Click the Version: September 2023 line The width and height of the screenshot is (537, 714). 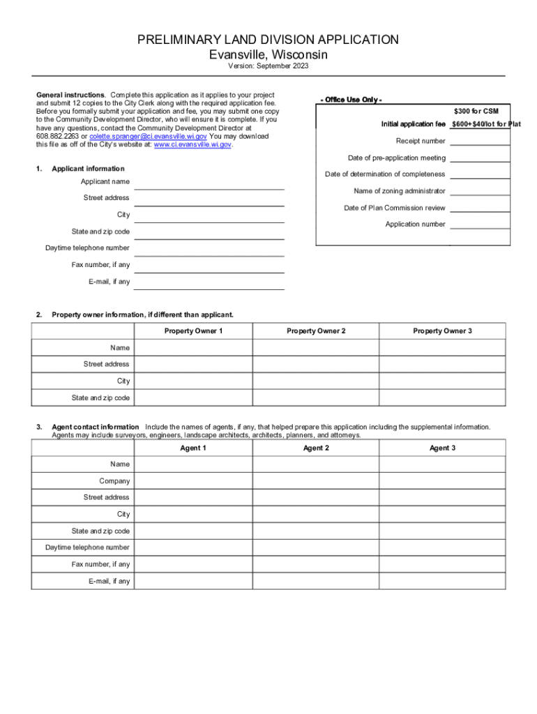(268, 66)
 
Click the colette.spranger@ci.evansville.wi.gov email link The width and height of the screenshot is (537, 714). (148, 137)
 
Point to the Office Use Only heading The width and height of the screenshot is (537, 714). (350, 100)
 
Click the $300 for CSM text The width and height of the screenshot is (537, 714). (476, 112)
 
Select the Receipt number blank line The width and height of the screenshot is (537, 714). (480, 141)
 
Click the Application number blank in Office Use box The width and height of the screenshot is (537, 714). (480, 225)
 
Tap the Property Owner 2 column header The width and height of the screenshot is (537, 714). (316, 331)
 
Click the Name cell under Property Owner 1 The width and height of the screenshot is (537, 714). (193, 347)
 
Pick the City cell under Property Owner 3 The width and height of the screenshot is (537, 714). (442, 381)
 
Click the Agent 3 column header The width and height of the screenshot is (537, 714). (442, 448)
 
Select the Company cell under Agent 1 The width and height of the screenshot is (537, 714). (193, 481)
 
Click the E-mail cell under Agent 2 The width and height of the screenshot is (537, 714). (316, 582)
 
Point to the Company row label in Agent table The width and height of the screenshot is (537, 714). (114, 481)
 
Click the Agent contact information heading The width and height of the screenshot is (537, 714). (96, 427)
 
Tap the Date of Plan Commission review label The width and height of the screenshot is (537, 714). (395, 208)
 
